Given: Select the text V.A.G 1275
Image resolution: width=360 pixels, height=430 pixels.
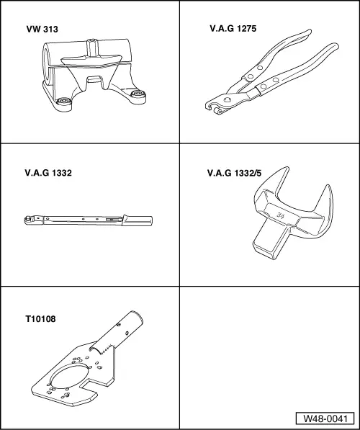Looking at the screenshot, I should tap(232, 29).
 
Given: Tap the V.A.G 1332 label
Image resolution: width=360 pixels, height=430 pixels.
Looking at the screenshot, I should tap(48, 174).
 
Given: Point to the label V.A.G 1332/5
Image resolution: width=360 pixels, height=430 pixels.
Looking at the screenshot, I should tap(236, 174).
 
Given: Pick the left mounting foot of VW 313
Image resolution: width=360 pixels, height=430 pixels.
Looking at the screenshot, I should tap(63, 101).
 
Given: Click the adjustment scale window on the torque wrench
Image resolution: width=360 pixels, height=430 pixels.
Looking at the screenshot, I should tap(112, 215).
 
